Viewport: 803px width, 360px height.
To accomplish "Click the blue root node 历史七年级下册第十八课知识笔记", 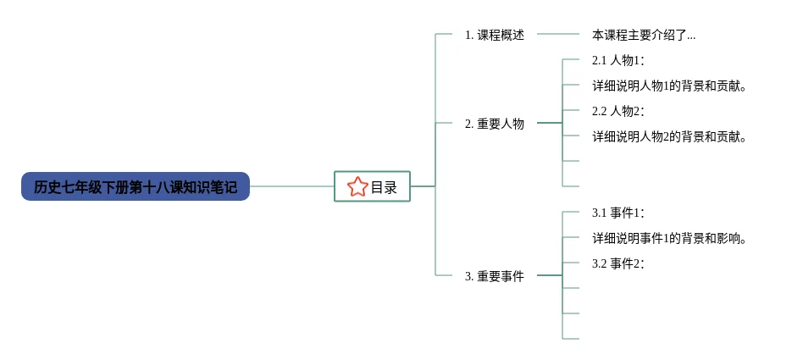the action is [136, 186].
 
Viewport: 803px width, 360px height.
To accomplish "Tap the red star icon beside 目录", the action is [357, 187].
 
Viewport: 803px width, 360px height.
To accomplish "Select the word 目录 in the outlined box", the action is [384, 187].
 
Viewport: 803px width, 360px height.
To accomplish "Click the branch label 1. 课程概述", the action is [495, 36].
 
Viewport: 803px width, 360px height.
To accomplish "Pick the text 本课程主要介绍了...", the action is [640, 36].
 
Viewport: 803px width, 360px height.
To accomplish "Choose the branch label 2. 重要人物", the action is [495, 124].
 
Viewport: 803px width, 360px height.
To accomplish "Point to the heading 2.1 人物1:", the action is [617, 60].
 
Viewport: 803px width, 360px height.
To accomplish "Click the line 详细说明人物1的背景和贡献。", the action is [668, 86].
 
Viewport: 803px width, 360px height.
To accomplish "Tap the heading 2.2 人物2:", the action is [617, 111].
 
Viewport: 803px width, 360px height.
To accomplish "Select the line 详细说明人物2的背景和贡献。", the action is [668, 136].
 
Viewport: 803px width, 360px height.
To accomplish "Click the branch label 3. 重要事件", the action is [495, 276].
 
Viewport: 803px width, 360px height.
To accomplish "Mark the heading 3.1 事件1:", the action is [617, 213].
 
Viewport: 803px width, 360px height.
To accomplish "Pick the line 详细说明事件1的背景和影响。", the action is [668, 238].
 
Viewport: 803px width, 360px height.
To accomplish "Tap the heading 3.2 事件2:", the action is [617, 263].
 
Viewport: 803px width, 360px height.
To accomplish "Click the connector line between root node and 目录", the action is [292, 186].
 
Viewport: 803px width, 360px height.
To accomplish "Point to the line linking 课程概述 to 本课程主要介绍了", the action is [559, 35].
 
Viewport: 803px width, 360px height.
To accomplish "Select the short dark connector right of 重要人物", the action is [550, 123].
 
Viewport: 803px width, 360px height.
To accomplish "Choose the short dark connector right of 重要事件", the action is [550, 275].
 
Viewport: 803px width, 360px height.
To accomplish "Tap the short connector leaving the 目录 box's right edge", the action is [423, 186].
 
